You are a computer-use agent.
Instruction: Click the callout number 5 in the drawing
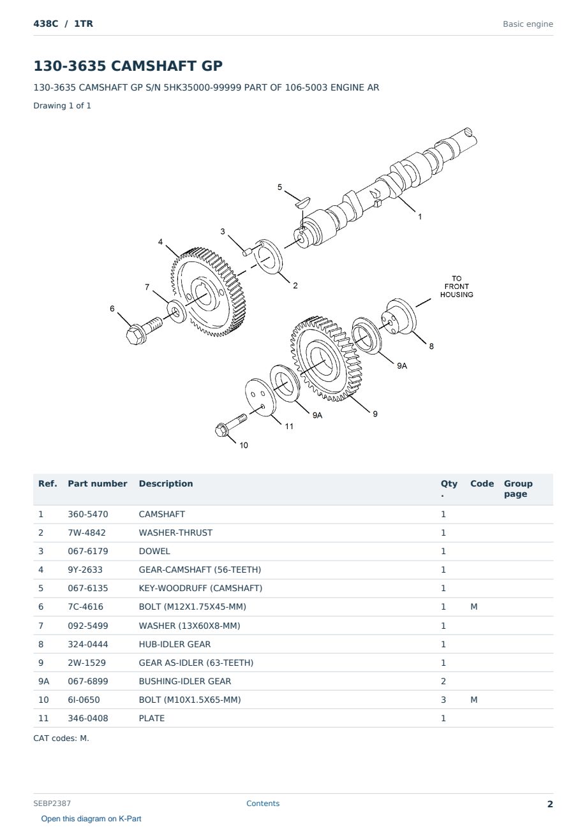(x=279, y=187)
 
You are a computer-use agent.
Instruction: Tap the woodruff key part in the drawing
(x=302, y=202)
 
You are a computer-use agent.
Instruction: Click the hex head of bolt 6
(x=135, y=335)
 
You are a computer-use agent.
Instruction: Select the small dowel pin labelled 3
(x=248, y=252)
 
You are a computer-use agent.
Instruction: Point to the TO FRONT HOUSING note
(x=456, y=286)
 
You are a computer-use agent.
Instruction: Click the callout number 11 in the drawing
(x=289, y=427)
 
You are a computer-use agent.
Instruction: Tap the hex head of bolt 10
(x=222, y=430)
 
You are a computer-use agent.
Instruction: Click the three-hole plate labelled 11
(x=260, y=397)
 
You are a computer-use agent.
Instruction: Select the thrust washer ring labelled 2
(x=270, y=257)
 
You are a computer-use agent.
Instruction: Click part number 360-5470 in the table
(x=88, y=514)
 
